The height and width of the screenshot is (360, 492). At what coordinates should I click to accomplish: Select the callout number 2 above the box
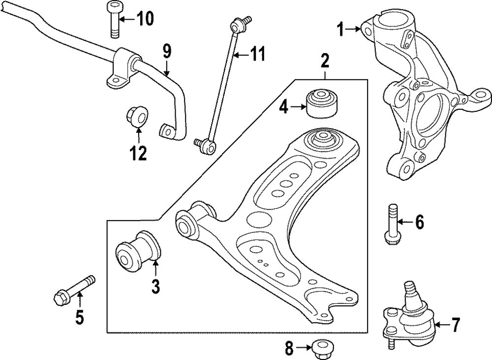tap(325, 63)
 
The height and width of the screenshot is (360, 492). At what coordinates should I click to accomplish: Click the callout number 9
tap(167, 50)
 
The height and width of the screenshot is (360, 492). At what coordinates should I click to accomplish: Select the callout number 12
tap(138, 154)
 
